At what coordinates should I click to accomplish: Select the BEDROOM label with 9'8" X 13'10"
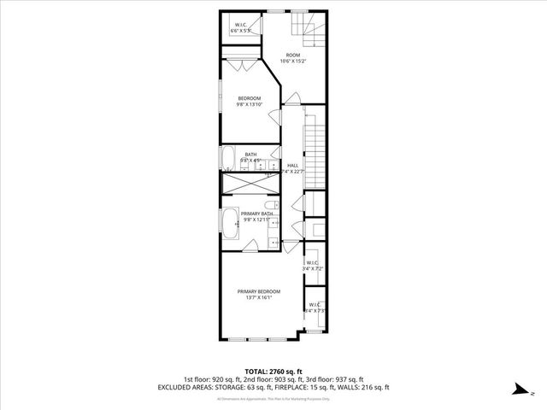pyautogui.click(x=249, y=98)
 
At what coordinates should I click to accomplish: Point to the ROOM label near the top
pyautogui.click(x=293, y=56)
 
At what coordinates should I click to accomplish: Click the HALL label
pyautogui.click(x=292, y=165)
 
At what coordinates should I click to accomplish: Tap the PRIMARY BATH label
pyautogui.click(x=256, y=214)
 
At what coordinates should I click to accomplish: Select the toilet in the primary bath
pyautogui.click(x=270, y=208)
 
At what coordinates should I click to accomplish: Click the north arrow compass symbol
pyautogui.click(x=521, y=389)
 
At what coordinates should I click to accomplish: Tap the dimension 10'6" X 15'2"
pyautogui.click(x=293, y=61)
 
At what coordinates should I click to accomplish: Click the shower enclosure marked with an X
pyautogui.click(x=250, y=184)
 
